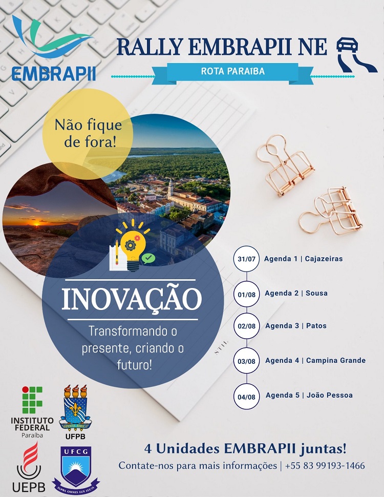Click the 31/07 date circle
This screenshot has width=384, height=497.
coord(246,259)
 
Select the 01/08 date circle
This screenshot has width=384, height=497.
coord(246,294)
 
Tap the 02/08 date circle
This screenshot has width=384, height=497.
coord(246,326)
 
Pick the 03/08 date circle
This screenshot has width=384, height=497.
coord(246,361)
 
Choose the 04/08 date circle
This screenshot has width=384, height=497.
coord(246,397)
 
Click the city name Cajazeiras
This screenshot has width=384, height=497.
coord(324,259)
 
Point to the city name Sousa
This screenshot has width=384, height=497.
coord(317,293)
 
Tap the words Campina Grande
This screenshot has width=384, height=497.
coord(336,360)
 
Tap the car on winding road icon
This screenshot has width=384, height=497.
coord(356,55)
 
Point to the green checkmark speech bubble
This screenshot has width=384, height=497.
coord(148,258)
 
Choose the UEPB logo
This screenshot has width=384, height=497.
coord(29,467)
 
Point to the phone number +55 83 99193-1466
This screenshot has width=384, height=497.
coord(325,466)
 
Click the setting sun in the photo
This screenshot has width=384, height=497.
coord(36,224)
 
